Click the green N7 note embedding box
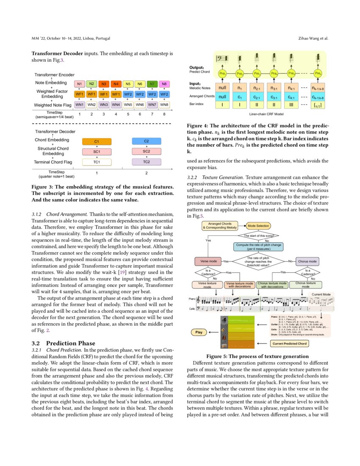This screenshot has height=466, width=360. [152, 84]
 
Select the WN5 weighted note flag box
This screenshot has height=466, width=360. [128, 104]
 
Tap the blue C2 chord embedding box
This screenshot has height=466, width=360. [147, 141]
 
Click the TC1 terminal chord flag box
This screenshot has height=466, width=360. [97, 162]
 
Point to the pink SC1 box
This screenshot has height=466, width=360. [97, 151]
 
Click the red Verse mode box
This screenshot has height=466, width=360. [208, 261]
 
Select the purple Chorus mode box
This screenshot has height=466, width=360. [307, 261]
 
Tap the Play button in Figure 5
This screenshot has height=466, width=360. [199, 332]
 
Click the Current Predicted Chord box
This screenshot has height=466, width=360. [289, 344]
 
